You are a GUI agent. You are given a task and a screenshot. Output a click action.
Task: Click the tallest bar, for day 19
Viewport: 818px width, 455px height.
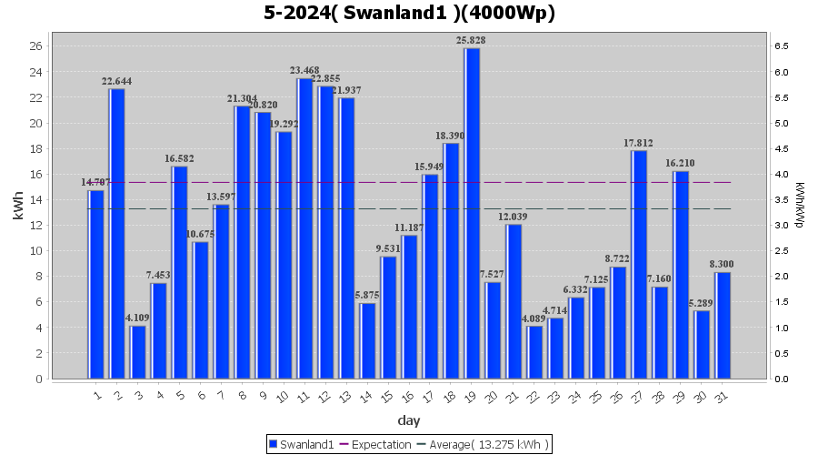pos(472,213)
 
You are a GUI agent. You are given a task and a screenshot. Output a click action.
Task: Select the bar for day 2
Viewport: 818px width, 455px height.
pos(116,233)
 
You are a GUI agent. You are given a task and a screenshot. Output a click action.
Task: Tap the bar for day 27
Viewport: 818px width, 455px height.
pos(639,264)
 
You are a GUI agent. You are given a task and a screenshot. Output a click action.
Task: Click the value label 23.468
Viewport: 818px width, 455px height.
pos(304,70)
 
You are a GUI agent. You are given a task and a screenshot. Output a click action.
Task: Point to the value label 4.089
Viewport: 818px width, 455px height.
pos(534,318)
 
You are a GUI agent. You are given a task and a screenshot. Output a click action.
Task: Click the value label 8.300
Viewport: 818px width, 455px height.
pos(723,264)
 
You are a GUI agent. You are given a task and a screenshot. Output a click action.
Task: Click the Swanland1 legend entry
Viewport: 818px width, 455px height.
pos(299,444)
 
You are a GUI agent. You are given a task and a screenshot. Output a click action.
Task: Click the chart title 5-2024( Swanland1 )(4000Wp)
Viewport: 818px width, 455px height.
pos(409,13)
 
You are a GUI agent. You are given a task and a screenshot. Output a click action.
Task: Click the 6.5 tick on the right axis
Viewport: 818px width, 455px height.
pos(781,45)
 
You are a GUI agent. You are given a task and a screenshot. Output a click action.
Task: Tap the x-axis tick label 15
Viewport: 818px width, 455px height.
pos(387,396)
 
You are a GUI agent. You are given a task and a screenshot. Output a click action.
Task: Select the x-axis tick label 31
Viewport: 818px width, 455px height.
pos(722,396)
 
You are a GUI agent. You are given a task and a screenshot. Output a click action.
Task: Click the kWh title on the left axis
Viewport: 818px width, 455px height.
pos(18,210)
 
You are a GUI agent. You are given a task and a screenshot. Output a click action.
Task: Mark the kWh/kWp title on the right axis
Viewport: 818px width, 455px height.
pos(800,206)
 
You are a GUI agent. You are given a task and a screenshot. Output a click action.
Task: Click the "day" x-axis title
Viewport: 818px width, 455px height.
pos(409,420)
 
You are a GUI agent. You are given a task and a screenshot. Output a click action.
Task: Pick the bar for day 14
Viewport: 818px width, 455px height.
pos(367,340)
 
